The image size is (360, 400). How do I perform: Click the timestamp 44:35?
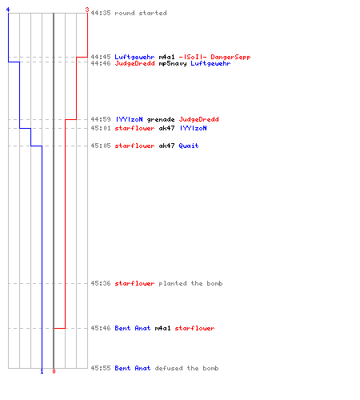[x=101, y=13]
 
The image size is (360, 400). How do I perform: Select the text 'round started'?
[x=141, y=13]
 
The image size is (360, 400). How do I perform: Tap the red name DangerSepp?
[x=230, y=57]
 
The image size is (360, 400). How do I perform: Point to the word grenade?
[x=161, y=119]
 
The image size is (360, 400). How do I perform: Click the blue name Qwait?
[x=189, y=146]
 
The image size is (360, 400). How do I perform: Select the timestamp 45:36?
[x=101, y=283]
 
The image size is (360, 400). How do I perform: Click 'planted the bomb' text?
[x=190, y=283]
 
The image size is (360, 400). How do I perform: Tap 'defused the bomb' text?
[x=186, y=368]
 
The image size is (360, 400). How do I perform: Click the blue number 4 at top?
[x=8, y=10]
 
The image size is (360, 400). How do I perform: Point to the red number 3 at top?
[x=87, y=10]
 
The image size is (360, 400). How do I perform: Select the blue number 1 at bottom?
[x=42, y=371]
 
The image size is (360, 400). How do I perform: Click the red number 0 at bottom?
[x=54, y=371]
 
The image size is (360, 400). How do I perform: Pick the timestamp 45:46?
[x=101, y=328]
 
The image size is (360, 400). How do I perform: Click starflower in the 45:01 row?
[x=134, y=128]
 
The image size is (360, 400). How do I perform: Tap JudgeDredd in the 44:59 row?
[x=198, y=119]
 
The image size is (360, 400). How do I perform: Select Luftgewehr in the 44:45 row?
[x=134, y=57]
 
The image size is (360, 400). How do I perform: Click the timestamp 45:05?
[x=101, y=146]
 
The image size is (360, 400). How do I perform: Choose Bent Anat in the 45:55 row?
[x=133, y=368]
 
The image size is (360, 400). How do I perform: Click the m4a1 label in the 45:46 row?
[x=162, y=328]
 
